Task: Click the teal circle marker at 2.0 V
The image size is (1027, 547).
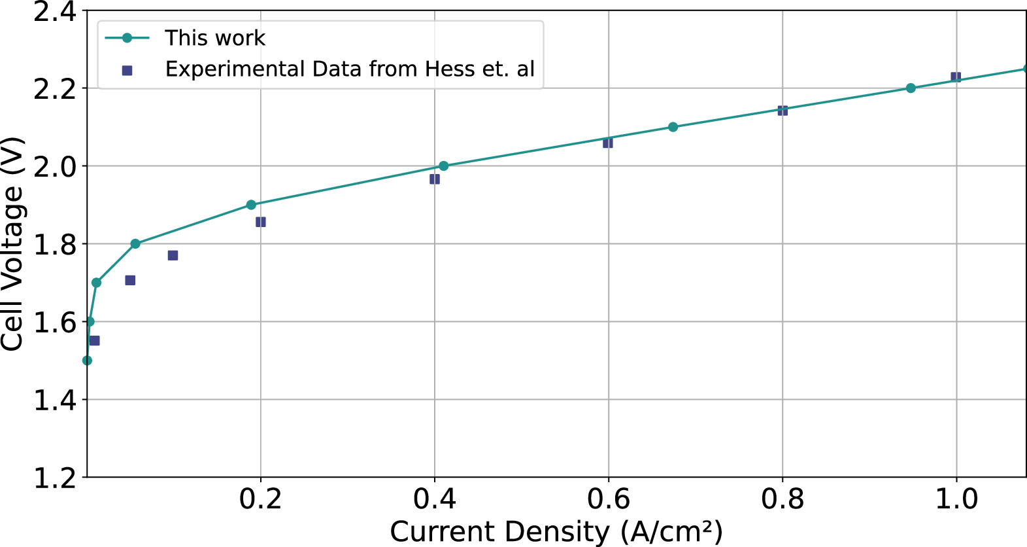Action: [443, 166]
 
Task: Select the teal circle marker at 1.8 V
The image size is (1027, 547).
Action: [135, 244]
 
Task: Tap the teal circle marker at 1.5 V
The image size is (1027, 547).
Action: [87, 361]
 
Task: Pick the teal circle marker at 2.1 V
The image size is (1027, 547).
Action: [673, 127]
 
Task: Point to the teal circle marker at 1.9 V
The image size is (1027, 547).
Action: [251, 205]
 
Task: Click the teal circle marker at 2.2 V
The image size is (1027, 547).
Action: [911, 88]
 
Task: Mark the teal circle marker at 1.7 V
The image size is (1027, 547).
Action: [96, 283]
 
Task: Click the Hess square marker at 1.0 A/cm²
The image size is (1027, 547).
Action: [956, 77]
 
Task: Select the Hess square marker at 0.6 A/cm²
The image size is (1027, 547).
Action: [608, 143]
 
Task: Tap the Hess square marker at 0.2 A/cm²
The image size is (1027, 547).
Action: [261, 222]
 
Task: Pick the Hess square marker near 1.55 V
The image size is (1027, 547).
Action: [94, 341]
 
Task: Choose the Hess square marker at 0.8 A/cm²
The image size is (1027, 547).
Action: [783, 111]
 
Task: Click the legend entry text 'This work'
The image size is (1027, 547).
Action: [214, 38]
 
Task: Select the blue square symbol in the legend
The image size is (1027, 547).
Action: [127, 70]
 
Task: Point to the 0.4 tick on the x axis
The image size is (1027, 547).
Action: [435, 499]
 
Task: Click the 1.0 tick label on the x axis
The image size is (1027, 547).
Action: [956, 499]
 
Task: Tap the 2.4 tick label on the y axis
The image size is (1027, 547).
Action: [55, 12]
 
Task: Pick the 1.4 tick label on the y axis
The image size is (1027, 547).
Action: [55, 400]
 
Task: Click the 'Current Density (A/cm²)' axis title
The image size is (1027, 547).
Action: [556, 532]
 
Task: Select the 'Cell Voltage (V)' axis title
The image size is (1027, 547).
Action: [12, 243]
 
